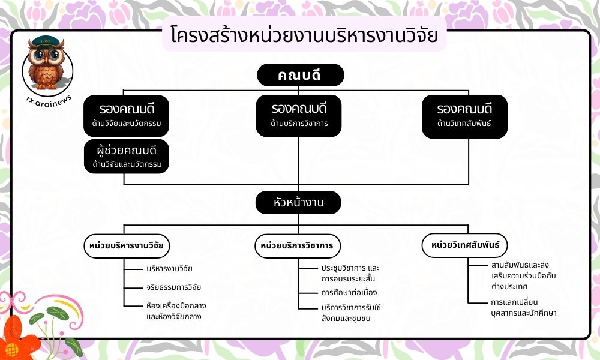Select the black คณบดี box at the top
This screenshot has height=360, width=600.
300,75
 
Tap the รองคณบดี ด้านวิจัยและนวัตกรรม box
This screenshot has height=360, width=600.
127,116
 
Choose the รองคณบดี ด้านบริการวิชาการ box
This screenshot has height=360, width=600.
298,116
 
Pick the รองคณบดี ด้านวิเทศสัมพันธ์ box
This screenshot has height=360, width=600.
464,116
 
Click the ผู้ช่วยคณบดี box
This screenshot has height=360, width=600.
127,155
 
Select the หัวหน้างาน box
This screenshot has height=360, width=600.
298,202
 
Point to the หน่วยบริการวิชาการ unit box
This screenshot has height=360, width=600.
298,245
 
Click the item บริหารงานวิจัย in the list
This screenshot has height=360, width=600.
169,268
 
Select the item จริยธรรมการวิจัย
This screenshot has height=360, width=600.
173,287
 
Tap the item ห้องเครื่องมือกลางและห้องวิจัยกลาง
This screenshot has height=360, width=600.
176,311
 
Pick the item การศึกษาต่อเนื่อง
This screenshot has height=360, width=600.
349,293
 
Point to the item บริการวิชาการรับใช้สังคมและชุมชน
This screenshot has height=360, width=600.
351,313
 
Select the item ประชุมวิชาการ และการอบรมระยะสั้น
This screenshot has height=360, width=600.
350,272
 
